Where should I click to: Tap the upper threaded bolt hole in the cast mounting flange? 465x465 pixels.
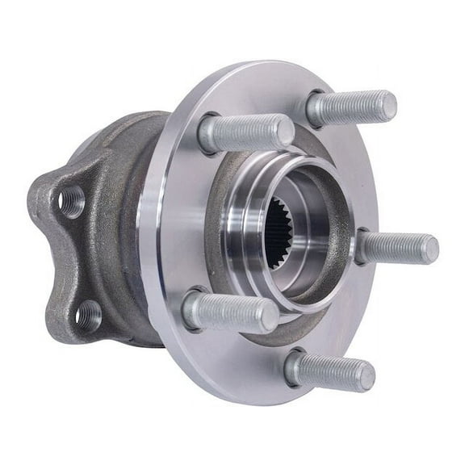pos(71,200)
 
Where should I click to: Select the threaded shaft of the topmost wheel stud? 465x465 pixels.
pos(351,106)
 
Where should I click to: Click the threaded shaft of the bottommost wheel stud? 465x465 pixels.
pos(331,371)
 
